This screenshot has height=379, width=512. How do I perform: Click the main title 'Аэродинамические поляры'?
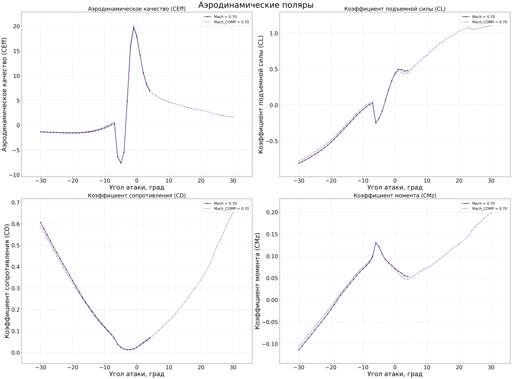(255, 5)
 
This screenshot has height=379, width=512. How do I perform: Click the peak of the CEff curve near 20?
(134, 27)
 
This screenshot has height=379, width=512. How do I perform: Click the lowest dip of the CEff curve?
(121, 163)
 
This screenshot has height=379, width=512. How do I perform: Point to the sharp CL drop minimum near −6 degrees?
(376, 123)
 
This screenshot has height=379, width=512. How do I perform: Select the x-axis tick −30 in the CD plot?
(40, 367)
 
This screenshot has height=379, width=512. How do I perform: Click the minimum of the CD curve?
(130, 350)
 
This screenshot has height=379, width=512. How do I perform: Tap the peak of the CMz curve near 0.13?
(376, 243)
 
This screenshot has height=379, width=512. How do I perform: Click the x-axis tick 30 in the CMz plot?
(491, 367)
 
